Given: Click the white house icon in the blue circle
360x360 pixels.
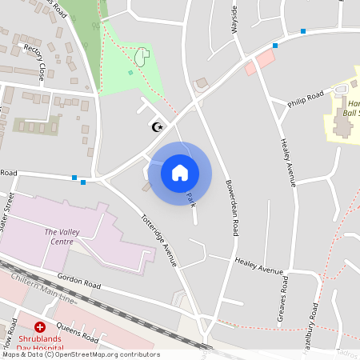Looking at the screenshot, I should pos(180,172).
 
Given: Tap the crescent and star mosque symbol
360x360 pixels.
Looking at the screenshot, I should pos(158,127).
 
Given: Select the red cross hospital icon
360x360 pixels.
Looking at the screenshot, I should pos(40,327).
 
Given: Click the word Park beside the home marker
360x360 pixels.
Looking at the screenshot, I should pos(190,199).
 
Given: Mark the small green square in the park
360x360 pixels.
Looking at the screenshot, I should pos(130,73).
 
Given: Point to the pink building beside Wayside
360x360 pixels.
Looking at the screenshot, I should pos(259,62).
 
